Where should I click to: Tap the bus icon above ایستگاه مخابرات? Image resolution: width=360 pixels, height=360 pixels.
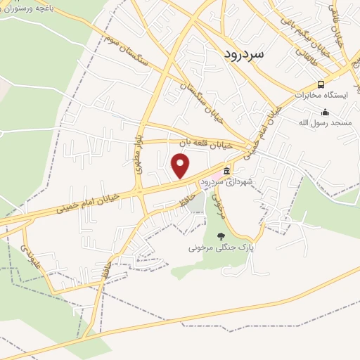[321, 84]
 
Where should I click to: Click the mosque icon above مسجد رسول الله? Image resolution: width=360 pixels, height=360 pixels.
[325, 112]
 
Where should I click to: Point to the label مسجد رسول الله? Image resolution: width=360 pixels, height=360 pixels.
[325, 122]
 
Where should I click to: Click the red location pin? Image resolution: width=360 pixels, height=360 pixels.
[181, 166]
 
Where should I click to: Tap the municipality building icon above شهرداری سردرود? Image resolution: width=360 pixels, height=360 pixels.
[226, 171]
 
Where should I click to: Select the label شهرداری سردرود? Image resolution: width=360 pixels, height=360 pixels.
[226, 181]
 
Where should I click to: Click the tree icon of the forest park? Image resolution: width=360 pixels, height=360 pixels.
[223, 236]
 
